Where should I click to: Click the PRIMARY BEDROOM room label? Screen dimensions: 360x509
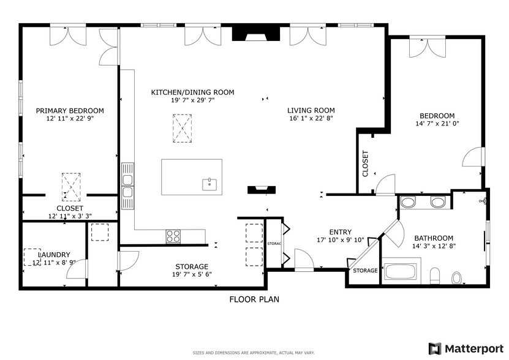pyautogui.click(x=69, y=111)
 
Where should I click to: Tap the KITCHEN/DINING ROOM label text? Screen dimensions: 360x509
pyautogui.click(x=192, y=92)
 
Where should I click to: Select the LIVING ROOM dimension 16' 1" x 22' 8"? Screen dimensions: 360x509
pyautogui.click(x=311, y=119)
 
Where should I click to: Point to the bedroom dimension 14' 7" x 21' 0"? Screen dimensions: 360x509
pyautogui.click(x=437, y=124)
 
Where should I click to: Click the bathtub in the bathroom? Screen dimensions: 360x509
pyautogui.click(x=402, y=271)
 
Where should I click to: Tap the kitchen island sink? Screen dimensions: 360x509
pyautogui.click(x=209, y=183)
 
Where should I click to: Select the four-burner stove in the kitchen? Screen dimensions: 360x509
pyautogui.click(x=173, y=235)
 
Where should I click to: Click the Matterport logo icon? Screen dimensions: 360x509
pyautogui.click(x=435, y=348)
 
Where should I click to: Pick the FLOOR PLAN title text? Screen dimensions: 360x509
pyautogui.click(x=254, y=299)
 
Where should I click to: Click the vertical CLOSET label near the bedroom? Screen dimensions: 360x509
pyautogui.click(x=365, y=164)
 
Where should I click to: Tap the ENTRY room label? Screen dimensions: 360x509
pyautogui.click(x=340, y=231)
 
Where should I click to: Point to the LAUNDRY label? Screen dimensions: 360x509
pyautogui.click(x=54, y=255)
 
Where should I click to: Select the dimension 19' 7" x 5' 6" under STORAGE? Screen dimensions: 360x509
pyautogui.click(x=192, y=275)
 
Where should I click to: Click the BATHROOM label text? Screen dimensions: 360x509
pyautogui.click(x=434, y=238)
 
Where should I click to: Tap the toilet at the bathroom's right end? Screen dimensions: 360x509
pyautogui.click(x=456, y=278)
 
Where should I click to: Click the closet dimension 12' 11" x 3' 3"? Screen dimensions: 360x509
pyautogui.click(x=69, y=216)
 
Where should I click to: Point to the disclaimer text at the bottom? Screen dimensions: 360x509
pyautogui.click(x=254, y=353)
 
